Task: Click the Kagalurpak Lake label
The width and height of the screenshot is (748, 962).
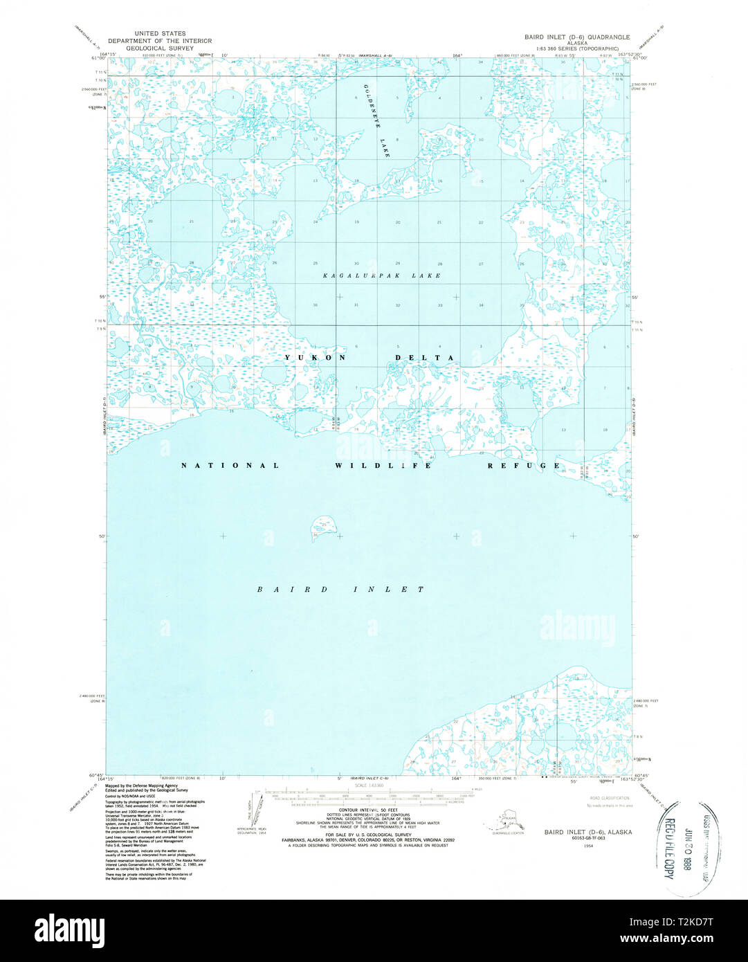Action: click(382, 275)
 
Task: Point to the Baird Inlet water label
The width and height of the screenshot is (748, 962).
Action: click(340, 590)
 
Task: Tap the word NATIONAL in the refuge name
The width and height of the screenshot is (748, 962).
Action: click(230, 466)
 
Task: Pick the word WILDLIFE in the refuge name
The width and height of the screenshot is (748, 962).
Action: click(383, 466)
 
